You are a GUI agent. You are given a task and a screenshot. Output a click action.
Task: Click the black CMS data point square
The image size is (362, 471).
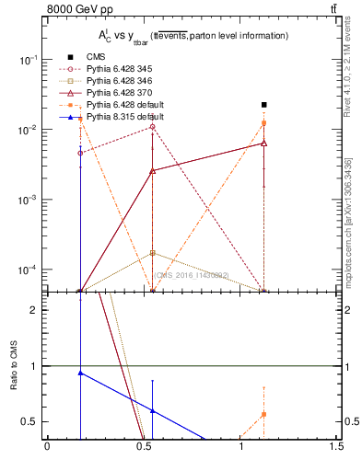click(x=263, y=105)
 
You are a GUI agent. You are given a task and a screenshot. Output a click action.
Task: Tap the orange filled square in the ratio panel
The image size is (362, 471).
click(x=263, y=414)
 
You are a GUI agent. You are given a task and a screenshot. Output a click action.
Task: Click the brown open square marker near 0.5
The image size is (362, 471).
click(x=152, y=252)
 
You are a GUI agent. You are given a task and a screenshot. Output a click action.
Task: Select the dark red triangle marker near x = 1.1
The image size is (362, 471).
click(x=263, y=144)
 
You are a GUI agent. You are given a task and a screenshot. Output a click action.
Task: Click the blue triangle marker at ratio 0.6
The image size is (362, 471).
click(x=152, y=410)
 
